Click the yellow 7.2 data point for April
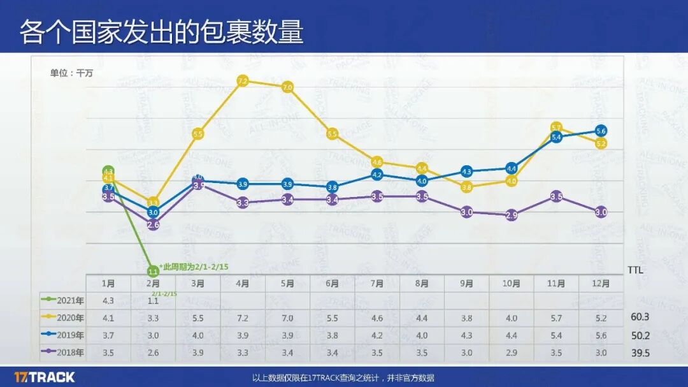tap(242, 81)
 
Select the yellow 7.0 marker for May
tap(287, 87)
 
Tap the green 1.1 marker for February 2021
tap(153, 270)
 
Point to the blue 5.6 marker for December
tap(601, 131)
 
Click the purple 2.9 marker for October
tap(512, 215)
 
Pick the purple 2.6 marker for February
tap(153, 224)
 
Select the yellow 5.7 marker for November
tap(556, 128)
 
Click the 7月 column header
tap(376, 284)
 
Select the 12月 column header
tap(601, 284)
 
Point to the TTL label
tap(635, 270)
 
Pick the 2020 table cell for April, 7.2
tap(242, 318)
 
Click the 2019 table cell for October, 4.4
tap(511, 335)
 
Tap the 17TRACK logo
tap(44, 377)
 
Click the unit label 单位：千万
tap(71, 73)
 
